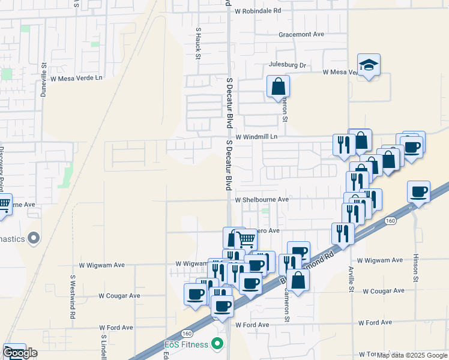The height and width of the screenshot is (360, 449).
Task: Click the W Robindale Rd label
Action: click(x=258, y=11)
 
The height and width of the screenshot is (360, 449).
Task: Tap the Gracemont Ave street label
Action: click(x=301, y=34)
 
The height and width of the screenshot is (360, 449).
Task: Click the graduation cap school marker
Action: click(x=368, y=65)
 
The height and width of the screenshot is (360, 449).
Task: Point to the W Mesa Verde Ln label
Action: click(x=77, y=78)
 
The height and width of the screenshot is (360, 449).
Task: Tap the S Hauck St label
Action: click(x=197, y=43)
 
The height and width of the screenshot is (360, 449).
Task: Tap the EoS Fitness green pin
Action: click(x=217, y=344)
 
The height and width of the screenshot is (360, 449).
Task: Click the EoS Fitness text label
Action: click(x=187, y=344)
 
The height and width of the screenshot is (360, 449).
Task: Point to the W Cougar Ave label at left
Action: click(x=119, y=296)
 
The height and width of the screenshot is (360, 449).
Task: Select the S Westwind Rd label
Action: click(x=73, y=297)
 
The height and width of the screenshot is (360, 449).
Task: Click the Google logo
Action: click(x=20, y=353)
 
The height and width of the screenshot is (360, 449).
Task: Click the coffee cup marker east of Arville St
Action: click(x=418, y=192)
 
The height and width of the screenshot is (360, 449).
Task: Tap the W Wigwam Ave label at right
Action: click(x=380, y=260)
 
